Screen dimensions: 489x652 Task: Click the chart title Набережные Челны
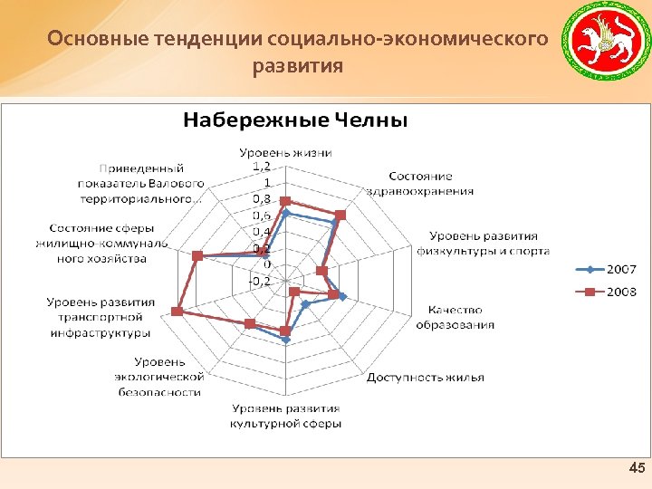point(295,120)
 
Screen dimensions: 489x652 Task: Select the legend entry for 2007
point(608,269)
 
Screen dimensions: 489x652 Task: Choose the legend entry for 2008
point(608,292)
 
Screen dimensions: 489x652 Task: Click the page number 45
point(636,468)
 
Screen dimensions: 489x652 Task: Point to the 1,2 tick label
point(261,167)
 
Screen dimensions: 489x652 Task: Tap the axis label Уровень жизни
point(285,151)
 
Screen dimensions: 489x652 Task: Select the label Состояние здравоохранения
point(420,183)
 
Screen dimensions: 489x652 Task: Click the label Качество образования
point(455,317)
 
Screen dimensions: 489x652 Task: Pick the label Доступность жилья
point(425,377)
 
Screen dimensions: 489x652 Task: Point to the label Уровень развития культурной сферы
point(285,416)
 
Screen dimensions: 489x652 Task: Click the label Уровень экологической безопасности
point(159,377)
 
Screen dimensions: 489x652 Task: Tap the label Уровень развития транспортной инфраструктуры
point(101,317)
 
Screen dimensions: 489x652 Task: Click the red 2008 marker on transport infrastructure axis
point(177,312)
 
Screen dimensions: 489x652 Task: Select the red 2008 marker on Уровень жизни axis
point(285,201)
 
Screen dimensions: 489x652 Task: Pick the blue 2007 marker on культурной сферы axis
point(286,341)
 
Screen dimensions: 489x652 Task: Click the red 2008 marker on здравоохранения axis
point(340,215)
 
